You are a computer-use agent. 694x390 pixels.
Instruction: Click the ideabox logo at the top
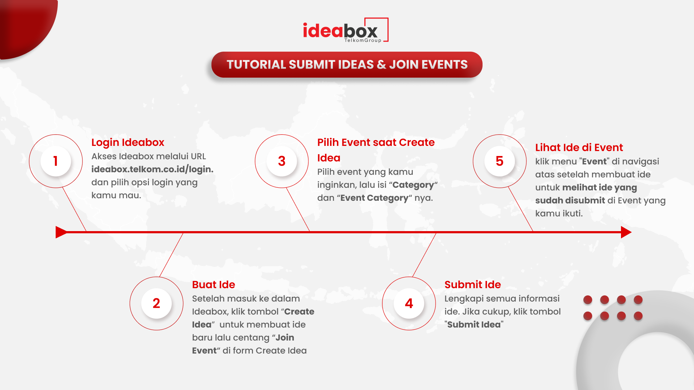coord(346,30)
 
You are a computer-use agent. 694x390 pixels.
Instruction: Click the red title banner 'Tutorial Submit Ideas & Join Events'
coord(347,65)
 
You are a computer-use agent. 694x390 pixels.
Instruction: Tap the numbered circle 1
coord(56,161)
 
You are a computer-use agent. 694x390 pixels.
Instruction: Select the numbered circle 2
coord(157,303)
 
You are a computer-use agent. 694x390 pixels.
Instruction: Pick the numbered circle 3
coord(282,161)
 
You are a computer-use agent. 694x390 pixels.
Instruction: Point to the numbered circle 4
coord(409,303)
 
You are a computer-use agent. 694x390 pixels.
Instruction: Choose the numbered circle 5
coord(500,161)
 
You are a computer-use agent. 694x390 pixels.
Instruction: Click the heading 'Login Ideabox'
coord(128,143)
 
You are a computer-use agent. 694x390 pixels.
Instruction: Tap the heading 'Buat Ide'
coord(213,285)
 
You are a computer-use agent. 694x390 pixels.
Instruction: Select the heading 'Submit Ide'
coord(472,285)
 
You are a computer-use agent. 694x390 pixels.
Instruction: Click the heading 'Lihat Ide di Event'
coord(579,147)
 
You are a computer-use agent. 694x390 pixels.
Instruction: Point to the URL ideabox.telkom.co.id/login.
coord(152,169)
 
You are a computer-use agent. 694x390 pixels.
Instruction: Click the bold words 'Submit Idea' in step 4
coord(474,325)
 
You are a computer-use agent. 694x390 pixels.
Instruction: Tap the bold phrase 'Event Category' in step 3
coord(374,198)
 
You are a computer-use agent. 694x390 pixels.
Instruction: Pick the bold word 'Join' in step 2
coord(285,338)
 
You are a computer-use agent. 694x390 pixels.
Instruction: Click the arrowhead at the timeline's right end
coord(626,232)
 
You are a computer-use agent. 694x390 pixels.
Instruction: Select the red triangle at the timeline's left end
coord(61,232)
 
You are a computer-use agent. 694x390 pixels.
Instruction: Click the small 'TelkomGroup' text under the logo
coord(363,40)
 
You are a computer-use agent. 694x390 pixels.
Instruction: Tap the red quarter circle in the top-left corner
coord(25,25)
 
